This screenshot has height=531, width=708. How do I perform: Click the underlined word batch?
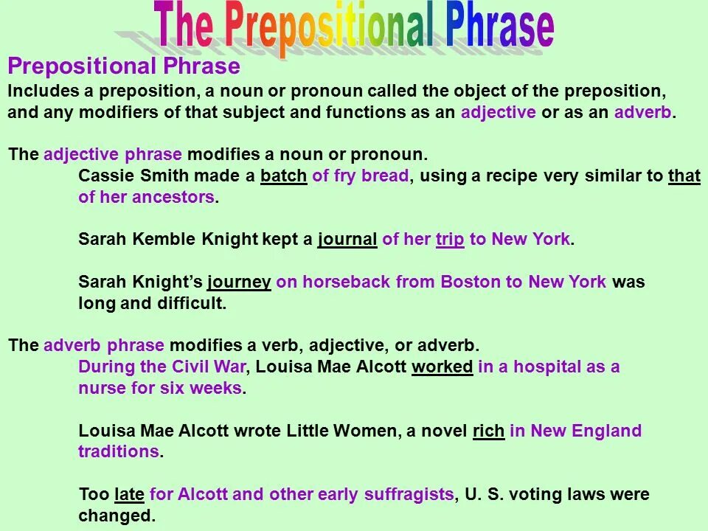point(283,177)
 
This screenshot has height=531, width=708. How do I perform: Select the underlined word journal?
point(347,240)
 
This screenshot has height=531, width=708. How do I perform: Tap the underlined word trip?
point(450,240)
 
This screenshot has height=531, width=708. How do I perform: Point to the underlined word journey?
point(239,282)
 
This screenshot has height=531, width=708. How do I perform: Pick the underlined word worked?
point(442,367)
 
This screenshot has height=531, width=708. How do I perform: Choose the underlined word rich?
point(488,431)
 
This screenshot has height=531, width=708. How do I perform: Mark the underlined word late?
point(130,494)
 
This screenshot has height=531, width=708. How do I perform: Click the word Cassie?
point(104,177)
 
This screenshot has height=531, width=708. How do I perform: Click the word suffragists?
point(409,494)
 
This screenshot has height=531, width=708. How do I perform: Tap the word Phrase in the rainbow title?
point(499,28)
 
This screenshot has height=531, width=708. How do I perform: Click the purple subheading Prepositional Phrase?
point(124,67)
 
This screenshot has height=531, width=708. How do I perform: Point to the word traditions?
point(118,451)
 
